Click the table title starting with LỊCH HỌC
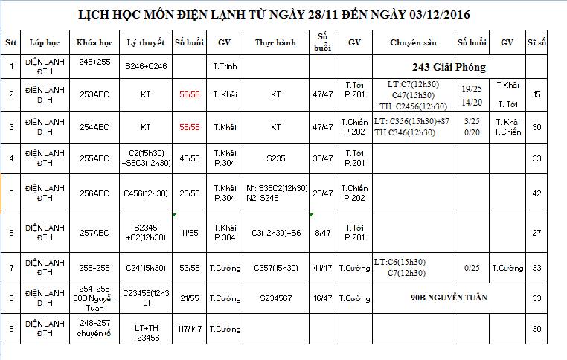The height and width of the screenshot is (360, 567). pos(274,15)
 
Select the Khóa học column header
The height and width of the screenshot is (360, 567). pos(94,43)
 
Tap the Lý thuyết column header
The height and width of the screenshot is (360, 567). pos(145,43)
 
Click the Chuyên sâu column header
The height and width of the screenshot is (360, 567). pos(413,43)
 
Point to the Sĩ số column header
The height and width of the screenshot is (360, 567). pos(536,43)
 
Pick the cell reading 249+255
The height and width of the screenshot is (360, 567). pos(94,62)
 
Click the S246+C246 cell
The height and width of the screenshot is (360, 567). pos(145,67)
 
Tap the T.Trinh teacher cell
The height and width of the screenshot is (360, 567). pos(225,67)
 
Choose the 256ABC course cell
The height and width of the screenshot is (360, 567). pos(94,193)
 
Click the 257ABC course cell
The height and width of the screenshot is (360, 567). pos(94,233)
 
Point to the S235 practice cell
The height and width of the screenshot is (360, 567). pos(276,158)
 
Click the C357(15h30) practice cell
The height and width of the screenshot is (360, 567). pos(276,268)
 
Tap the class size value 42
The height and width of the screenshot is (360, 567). pos(536,193)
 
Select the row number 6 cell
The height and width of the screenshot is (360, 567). pos(11,233)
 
